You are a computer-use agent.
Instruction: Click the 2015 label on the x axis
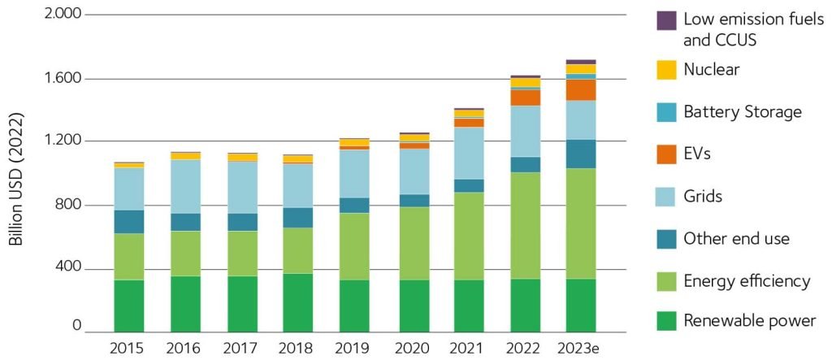tap(128, 349)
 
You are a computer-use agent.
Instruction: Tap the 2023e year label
tap(580, 349)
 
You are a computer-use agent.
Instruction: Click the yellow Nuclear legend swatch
tap(665, 70)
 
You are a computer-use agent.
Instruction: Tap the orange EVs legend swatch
tap(665, 154)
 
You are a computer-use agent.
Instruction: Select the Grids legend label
tap(703, 196)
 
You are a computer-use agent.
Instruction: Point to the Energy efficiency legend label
tap(747, 281)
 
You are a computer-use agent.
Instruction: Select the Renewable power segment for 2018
tap(298, 302)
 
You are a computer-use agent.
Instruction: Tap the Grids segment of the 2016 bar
tap(185, 186)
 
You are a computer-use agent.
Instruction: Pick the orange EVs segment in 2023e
tap(581, 89)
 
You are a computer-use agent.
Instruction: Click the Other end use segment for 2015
tap(128, 222)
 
